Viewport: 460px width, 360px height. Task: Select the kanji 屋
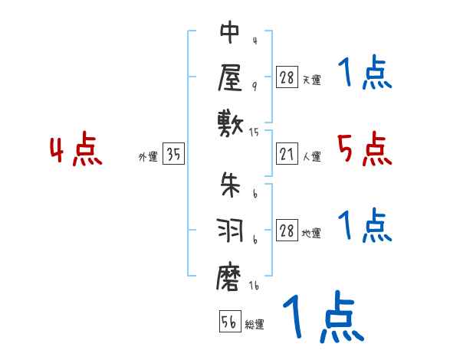(x=230, y=77)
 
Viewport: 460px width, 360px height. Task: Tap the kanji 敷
(x=230, y=121)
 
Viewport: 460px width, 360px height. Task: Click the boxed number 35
(x=173, y=155)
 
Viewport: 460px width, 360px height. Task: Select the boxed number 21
(x=287, y=155)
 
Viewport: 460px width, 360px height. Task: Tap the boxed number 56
(x=229, y=322)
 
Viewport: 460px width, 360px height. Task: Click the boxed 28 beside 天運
(x=287, y=77)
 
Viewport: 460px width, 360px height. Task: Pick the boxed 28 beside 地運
(x=287, y=231)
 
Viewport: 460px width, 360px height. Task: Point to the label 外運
(x=148, y=157)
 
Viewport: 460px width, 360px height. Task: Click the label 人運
(x=312, y=157)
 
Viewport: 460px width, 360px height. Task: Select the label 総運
(x=255, y=325)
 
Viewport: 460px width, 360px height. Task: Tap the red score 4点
(x=76, y=150)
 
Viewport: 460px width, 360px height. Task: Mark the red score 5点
(x=365, y=149)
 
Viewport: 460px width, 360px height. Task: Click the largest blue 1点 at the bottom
(x=322, y=317)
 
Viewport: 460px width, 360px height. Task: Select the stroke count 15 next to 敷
(x=255, y=133)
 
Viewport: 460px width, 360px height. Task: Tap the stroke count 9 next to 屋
(x=255, y=87)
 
